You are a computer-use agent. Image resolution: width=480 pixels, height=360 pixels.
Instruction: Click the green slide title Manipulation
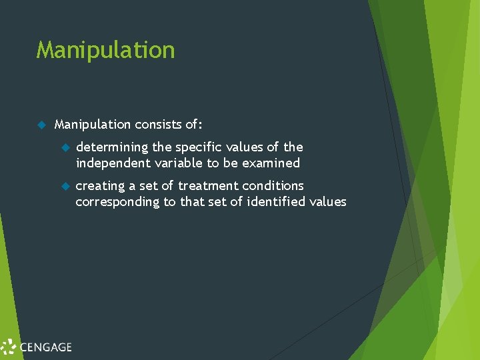(x=105, y=50)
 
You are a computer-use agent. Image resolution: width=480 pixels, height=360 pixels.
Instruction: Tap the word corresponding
(x=117, y=201)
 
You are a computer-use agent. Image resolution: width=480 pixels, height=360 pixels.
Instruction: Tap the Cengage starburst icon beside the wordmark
(x=9, y=347)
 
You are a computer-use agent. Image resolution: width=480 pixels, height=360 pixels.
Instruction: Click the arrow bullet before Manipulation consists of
(x=40, y=124)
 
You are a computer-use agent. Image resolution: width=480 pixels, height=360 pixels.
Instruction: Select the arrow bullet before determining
(x=65, y=147)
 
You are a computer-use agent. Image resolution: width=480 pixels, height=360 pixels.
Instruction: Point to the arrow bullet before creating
(x=65, y=186)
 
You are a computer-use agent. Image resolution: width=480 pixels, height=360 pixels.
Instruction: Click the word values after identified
(x=328, y=201)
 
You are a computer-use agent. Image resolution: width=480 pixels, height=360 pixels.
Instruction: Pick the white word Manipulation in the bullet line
(x=93, y=124)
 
